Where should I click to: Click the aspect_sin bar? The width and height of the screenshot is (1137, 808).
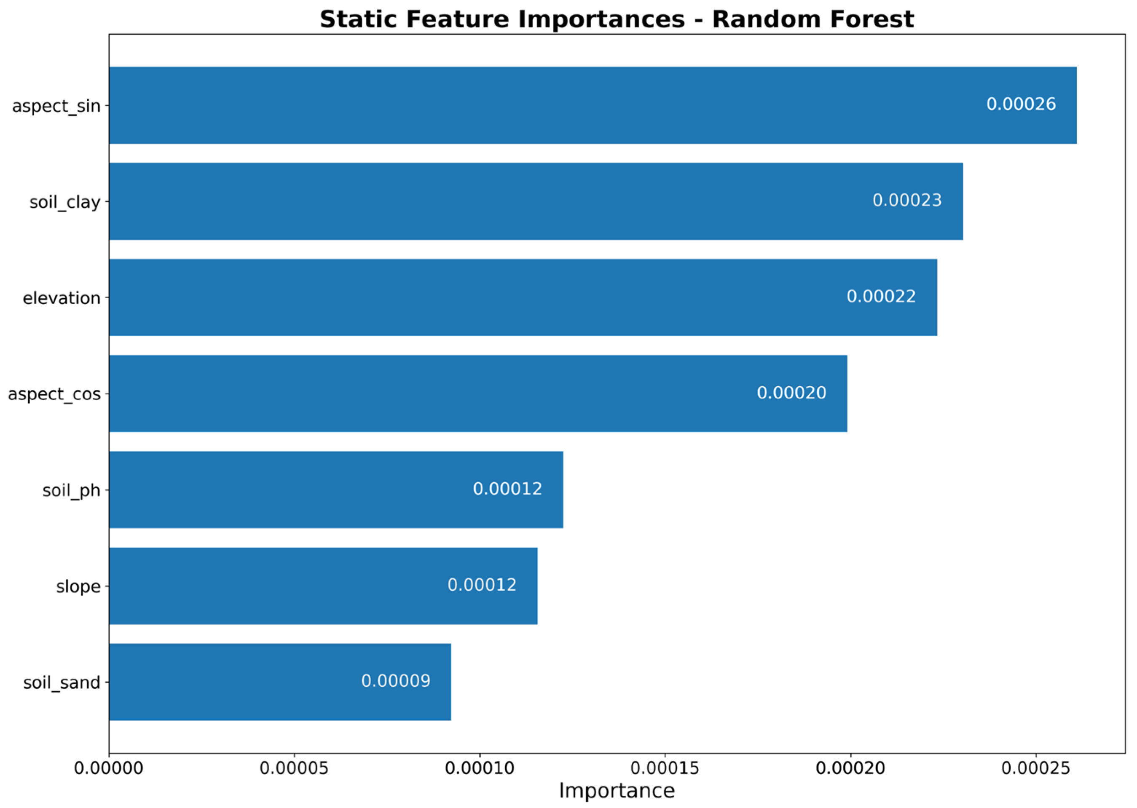[593, 105]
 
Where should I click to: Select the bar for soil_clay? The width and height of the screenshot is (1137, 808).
[536, 201]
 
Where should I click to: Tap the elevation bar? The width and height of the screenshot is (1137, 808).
[523, 297]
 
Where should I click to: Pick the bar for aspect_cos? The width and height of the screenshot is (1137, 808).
[478, 393]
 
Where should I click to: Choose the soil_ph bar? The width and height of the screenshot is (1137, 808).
[336, 490]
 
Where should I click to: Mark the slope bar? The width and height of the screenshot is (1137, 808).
[323, 586]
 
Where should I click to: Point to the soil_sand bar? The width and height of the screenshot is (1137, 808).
[280, 682]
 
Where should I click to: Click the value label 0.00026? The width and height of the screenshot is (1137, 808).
[1021, 104]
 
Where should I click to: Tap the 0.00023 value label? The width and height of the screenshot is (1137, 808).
[907, 201]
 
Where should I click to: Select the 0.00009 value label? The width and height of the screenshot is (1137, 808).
[396, 681]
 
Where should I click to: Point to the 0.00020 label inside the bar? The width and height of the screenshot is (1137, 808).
[791, 393]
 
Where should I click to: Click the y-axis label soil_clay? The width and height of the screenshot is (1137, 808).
[64, 203]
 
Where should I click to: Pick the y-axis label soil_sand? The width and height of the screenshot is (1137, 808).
[62, 682]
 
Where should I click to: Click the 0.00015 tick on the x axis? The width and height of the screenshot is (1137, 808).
[665, 769]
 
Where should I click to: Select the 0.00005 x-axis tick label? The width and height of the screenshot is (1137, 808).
[294, 769]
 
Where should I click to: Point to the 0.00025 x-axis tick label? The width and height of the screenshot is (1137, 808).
[1035, 769]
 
